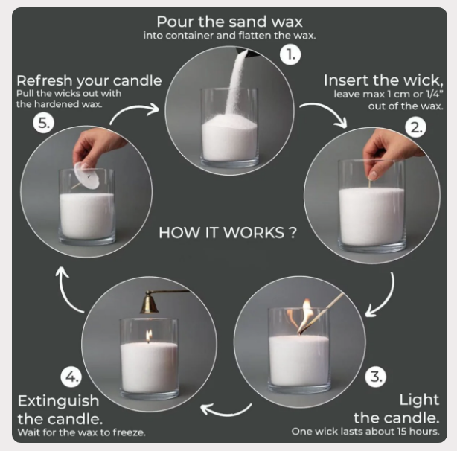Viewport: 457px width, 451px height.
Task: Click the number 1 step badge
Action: click(290, 54)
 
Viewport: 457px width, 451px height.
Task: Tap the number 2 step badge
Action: click(415, 127)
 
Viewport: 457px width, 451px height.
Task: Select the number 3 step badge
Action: click(376, 377)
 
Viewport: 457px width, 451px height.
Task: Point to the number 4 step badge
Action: click(71, 377)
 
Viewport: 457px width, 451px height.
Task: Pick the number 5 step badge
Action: click(44, 123)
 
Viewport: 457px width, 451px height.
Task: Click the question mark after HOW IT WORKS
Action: click(293, 233)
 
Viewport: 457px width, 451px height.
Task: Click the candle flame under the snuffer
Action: click(149, 336)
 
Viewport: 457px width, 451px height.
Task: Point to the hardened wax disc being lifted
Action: click(86, 176)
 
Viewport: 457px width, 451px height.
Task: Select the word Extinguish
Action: click(58, 401)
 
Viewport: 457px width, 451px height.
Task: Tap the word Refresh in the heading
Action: click(45, 80)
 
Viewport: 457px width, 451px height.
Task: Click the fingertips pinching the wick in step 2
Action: click(372, 176)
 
